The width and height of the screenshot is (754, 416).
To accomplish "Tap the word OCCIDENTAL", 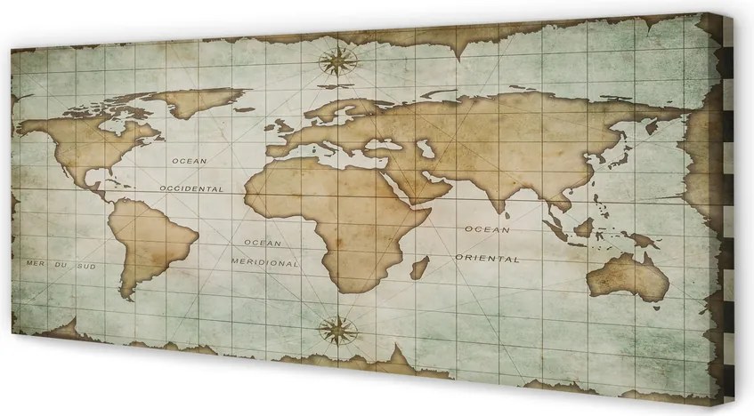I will [x=191, y=188].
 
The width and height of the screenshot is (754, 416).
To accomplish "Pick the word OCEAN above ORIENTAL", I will [x=486, y=228].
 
